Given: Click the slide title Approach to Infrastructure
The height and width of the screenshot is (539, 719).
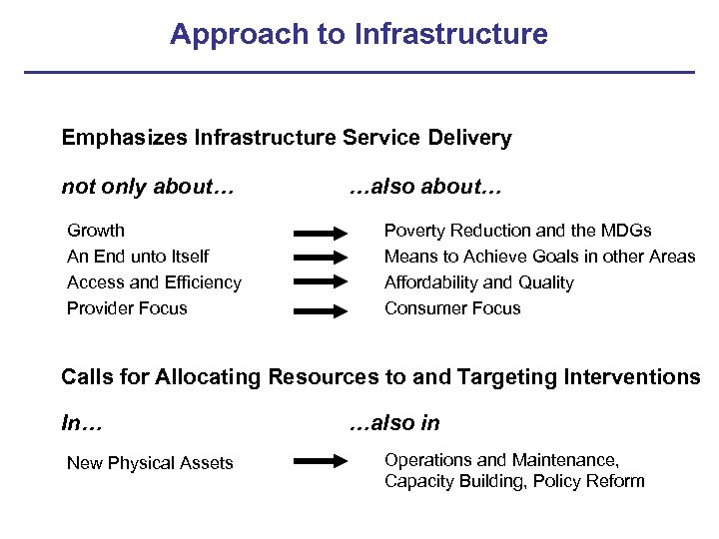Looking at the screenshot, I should click(x=359, y=34).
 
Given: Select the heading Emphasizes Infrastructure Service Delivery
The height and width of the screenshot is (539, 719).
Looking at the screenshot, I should click(x=287, y=138).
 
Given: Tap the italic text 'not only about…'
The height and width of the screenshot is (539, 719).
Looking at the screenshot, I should click(x=148, y=187).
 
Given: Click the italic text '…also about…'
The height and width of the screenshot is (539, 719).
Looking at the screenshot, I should click(x=424, y=187).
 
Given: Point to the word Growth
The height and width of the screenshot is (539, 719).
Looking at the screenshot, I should click(x=96, y=231).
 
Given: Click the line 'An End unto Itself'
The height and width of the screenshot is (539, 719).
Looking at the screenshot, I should click(x=138, y=257).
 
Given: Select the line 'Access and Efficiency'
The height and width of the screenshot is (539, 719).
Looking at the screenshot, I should click(x=154, y=282).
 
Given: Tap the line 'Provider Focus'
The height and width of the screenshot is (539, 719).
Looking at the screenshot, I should click(x=127, y=308).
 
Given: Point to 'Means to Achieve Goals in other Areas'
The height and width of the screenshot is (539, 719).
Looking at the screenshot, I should click(x=539, y=257).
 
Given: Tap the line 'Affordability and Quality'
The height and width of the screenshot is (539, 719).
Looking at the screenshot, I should click(x=479, y=282).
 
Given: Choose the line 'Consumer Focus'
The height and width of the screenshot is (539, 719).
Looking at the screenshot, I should click(x=452, y=308).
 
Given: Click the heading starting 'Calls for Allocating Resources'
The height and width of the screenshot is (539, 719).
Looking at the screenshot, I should click(x=380, y=377).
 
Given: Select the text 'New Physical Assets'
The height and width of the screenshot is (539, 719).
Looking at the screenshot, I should click(x=150, y=463).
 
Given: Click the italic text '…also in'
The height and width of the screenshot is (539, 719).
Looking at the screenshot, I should click(x=393, y=423).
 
